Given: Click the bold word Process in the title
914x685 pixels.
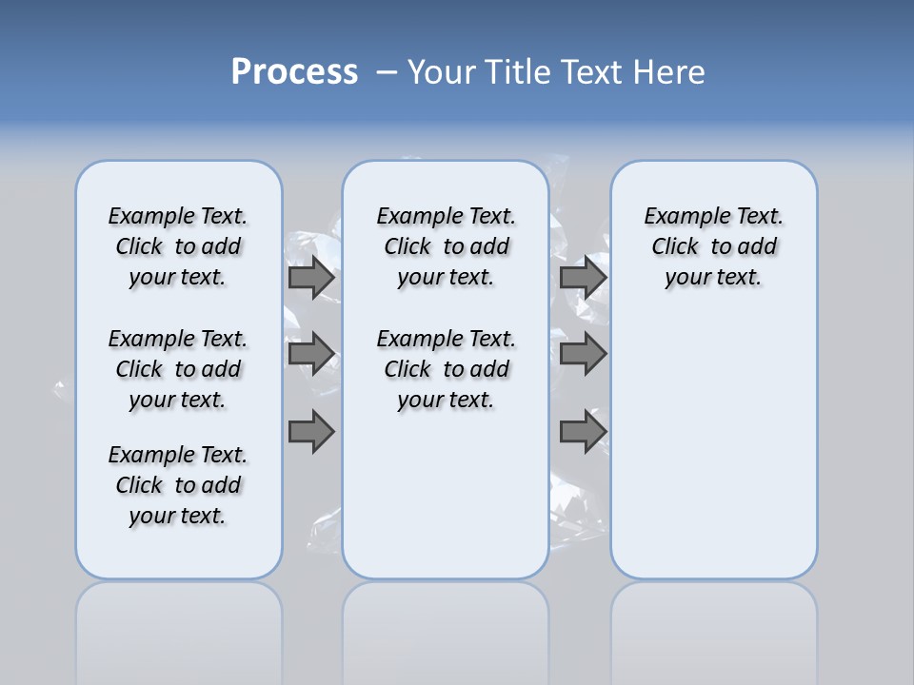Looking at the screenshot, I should click(294, 72).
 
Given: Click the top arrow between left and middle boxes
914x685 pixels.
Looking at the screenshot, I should click(311, 278).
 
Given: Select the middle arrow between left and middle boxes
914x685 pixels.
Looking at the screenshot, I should click(311, 354).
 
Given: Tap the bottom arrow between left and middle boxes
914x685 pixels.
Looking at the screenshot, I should click(311, 432).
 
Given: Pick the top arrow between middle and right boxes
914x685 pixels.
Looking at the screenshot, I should click(583, 278).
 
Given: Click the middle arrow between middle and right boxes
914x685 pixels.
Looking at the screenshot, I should click(583, 354).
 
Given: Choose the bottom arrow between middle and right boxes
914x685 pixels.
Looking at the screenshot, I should click(583, 432).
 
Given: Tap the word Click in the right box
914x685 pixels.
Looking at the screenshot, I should click(675, 247).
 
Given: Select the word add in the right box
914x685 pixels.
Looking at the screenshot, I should click(758, 247).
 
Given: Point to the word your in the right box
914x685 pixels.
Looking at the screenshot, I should click(686, 278).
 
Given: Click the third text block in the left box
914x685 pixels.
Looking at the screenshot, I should click(178, 485).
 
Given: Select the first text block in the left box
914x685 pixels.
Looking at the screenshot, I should click(178, 247).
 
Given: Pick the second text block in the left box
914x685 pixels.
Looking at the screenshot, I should click(178, 369).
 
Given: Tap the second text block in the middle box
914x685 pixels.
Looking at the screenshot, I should click(446, 369).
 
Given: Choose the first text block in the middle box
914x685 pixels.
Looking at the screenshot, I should click(446, 247).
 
